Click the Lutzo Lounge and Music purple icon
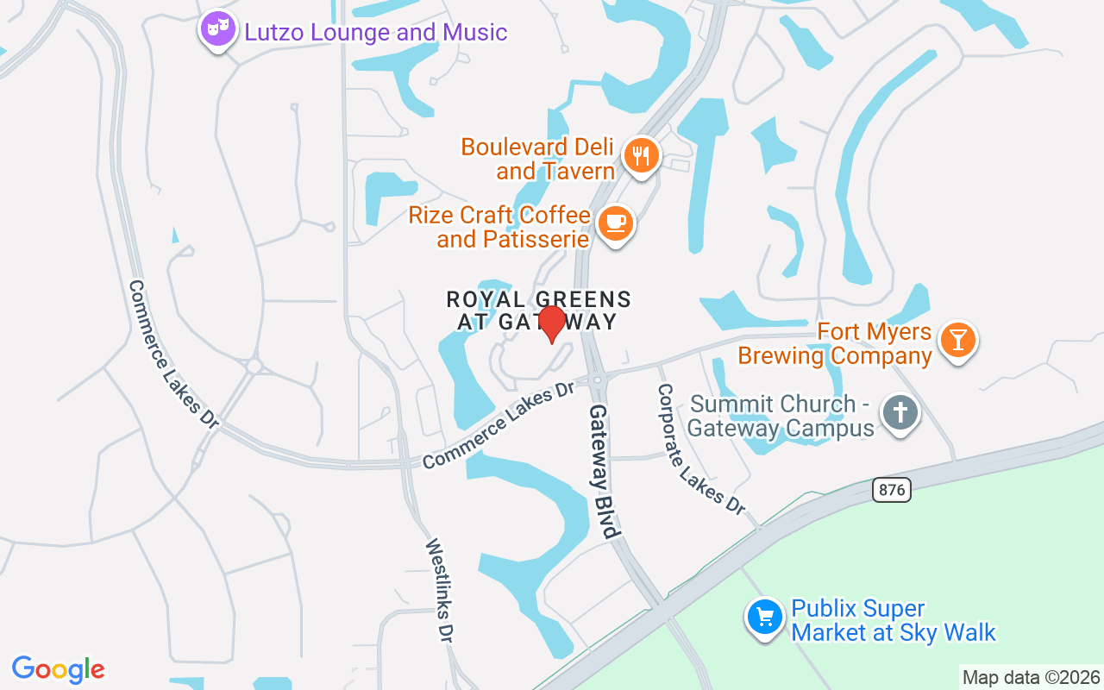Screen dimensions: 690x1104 [x=217, y=29]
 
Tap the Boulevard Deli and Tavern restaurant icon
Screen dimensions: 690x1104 [x=641, y=156]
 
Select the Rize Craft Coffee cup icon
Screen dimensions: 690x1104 [x=615, y=223]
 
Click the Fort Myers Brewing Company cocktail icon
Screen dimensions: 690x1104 [x=957, y=339]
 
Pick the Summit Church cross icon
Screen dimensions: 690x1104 [x=900, y=413]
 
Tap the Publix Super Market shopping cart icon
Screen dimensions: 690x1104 [x=764, y=618]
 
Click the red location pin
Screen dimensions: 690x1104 [x=551, y=323]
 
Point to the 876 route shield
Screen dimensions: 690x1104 [x=892, y=490]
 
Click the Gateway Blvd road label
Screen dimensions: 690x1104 [x=605, y=471]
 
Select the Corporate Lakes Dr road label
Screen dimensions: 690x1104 [x=700, y=448]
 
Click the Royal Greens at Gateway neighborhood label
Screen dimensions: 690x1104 [x=538, y=310]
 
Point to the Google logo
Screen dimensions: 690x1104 [x=58, y=669]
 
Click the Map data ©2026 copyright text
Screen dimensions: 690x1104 [x=1031, y=677]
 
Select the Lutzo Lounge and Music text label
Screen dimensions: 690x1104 [x=376, y=33]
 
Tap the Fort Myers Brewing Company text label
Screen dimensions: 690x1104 [x=835, y=344]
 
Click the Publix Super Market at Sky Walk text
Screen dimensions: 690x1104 [x=893, y=621]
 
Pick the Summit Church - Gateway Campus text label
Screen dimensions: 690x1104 [x=781, y=416]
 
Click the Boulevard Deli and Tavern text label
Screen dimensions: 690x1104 [x=538, y=159]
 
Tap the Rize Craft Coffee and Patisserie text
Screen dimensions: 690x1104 [x=500, y=227]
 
